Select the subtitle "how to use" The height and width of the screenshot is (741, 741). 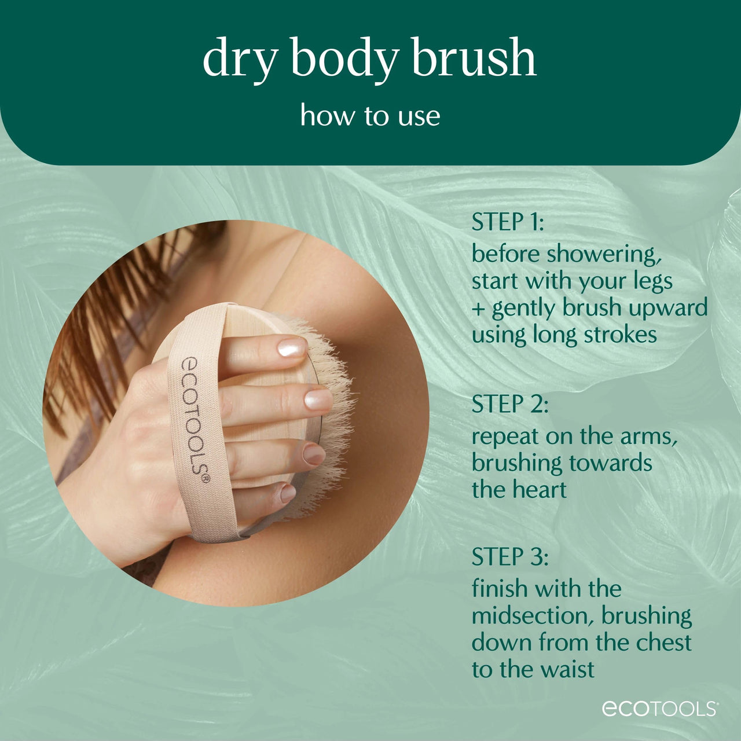370,115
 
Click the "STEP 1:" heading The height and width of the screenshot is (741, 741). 508,222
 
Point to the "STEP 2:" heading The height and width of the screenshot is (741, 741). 509,404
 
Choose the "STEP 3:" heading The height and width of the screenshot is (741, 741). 509,557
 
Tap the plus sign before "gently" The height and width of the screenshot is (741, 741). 478,309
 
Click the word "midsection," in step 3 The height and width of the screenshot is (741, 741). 533,616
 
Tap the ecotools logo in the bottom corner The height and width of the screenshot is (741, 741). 660,709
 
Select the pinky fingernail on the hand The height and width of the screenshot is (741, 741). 288,493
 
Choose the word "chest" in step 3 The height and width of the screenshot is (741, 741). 663,643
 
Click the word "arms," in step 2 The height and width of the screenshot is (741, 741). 649,436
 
